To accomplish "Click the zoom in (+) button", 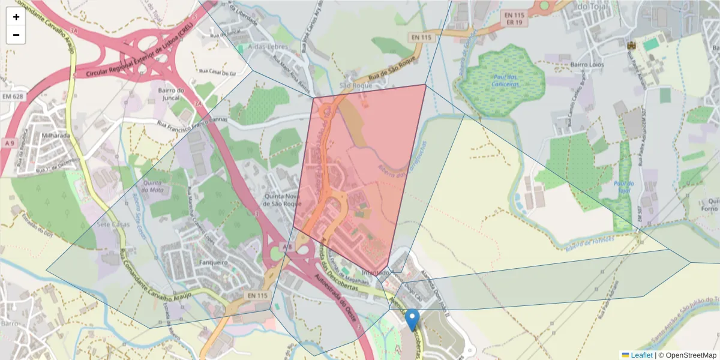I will point(16,17).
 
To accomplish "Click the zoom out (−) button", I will point(16,35).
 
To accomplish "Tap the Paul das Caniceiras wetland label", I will point(506,79).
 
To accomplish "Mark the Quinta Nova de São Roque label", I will point(282,200).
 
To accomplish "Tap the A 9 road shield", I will point(8,143).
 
